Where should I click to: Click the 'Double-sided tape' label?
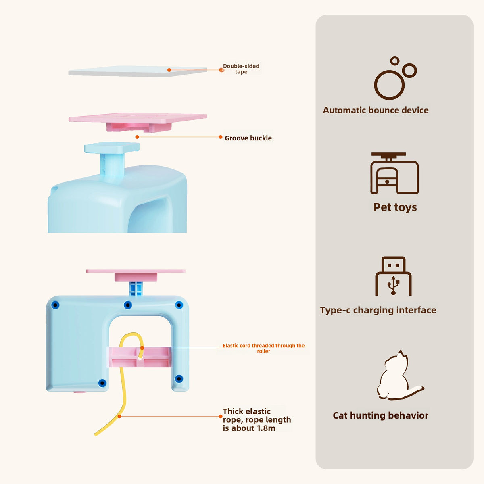241,69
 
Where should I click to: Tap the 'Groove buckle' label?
248,138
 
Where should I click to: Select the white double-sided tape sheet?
137,71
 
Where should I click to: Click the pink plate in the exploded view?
137,119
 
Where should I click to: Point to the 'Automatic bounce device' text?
376,110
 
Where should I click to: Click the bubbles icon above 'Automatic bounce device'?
394,79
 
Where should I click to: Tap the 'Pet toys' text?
395,207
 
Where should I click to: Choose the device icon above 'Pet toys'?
394,173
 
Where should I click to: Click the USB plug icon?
393,277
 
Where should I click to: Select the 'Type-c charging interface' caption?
378,310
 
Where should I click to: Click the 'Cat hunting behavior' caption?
380,415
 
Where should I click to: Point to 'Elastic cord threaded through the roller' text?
264,348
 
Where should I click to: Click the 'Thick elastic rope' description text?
257,419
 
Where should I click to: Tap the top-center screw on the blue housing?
127,305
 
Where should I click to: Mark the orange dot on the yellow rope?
119,416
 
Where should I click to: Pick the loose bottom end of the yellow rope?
96,434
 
